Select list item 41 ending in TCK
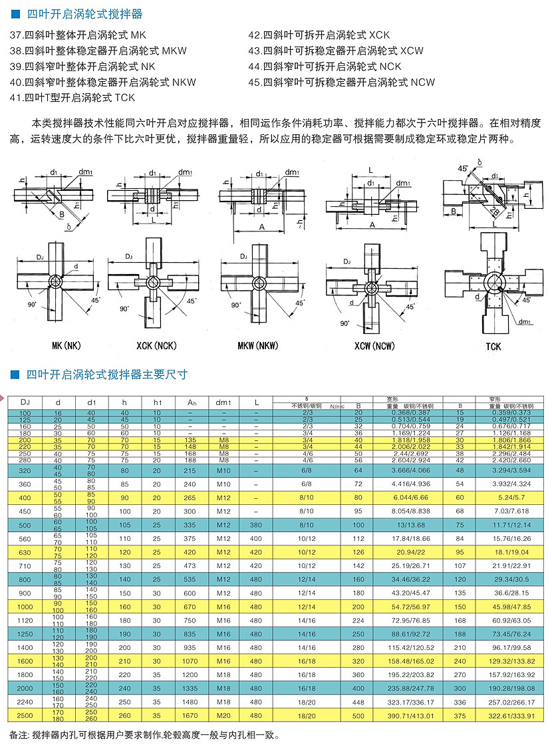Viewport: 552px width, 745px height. click(72, 98)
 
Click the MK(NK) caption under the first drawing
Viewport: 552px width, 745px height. click(67, 346)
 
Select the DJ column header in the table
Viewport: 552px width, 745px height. click(25, 402)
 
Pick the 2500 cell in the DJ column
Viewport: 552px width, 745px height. click(25, 714)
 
